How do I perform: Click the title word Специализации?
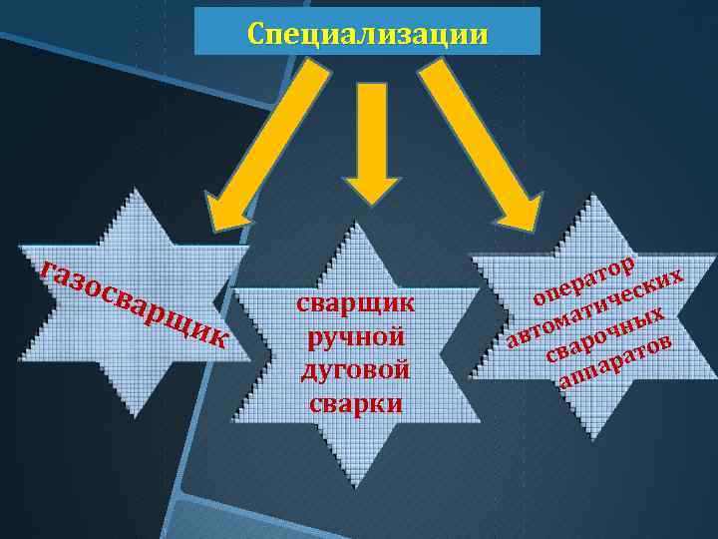(x=367, y=36)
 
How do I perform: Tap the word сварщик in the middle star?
(x=355, y=304)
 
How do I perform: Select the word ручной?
(x=355, y=337)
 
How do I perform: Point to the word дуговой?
(x=355, y=370)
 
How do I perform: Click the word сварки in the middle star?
(x=355, y=403)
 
